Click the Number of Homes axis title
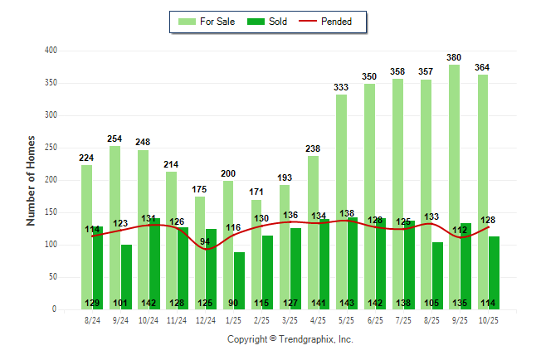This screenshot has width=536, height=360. pos(32,180)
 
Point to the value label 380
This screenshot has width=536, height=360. pos(455,57)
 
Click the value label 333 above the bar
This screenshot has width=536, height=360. pos(342,87)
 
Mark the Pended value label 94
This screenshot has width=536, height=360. pos(205,241)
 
